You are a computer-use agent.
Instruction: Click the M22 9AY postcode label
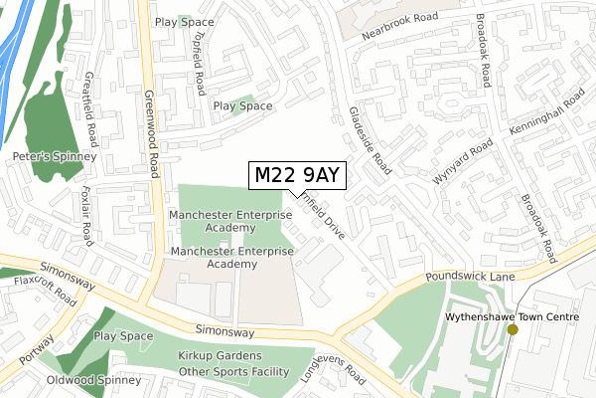tap(298, 175)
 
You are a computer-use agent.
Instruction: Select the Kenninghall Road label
tap(549, 119)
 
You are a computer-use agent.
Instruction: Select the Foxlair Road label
tap(85, 214)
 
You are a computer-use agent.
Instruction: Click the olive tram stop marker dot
tap(513, 329)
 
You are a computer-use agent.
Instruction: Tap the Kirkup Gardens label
tap(220, 356)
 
